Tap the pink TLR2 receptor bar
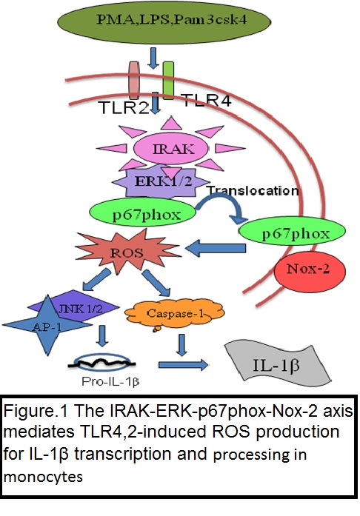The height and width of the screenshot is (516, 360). [134, 81]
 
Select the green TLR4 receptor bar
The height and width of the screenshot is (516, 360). [168, 80]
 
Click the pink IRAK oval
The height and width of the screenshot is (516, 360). [170, 149]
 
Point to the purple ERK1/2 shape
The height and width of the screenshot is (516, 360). [161, 181]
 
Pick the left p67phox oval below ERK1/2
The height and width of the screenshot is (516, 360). [143, 214]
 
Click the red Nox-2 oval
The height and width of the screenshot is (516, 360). [310, 271]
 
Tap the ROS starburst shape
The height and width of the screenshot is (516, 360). [127, 252]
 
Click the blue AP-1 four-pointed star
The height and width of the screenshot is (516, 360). [47, 325]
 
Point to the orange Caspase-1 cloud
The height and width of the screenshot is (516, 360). [175, 313]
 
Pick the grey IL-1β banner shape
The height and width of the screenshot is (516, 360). [278, 361]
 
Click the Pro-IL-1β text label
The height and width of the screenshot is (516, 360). [110, 381]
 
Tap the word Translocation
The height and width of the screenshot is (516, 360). [253, 190]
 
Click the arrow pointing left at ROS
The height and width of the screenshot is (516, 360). [216, 248]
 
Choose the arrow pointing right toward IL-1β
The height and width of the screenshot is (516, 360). [183, 365]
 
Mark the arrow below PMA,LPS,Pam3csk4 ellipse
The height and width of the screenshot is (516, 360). [153, 58]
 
